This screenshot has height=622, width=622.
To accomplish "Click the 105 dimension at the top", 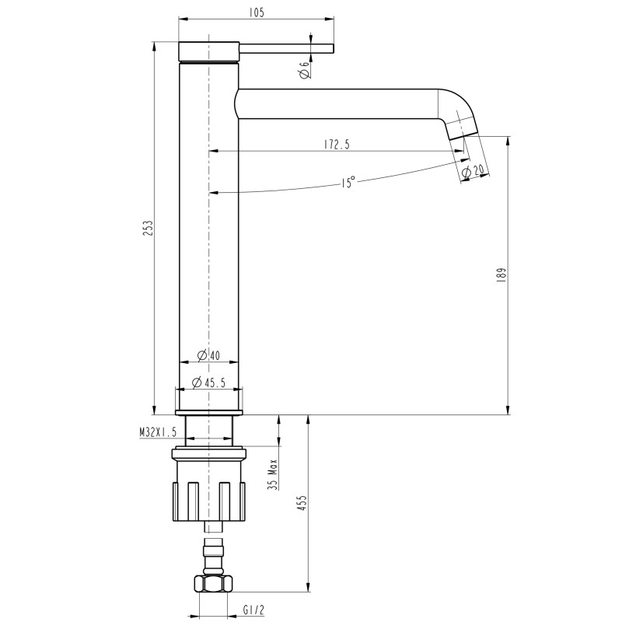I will tap(257, 12).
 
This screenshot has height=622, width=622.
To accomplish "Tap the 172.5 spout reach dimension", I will tap(335, 144).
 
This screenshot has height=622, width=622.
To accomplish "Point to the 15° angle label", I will tap(348, 183).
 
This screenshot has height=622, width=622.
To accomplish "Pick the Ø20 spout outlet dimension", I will tap(473, 171).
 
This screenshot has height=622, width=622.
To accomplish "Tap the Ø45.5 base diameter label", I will tap(208, 382).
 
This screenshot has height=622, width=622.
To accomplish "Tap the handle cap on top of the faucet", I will tap(209, 51).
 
